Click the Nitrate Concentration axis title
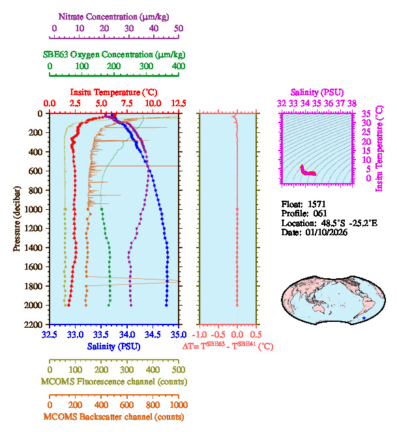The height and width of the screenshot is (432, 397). (x=117, y=15)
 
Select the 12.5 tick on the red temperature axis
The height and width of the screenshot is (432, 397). (x=178, y=104)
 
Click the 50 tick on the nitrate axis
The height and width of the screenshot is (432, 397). (x=179, y=28)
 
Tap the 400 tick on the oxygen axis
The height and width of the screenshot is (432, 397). (x=179, y=66)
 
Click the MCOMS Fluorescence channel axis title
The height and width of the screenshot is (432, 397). (x=114, y=381)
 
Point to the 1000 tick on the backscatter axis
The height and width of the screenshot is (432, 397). (x=178, y=405)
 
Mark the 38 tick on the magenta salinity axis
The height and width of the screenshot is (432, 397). (x=352, y=103)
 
